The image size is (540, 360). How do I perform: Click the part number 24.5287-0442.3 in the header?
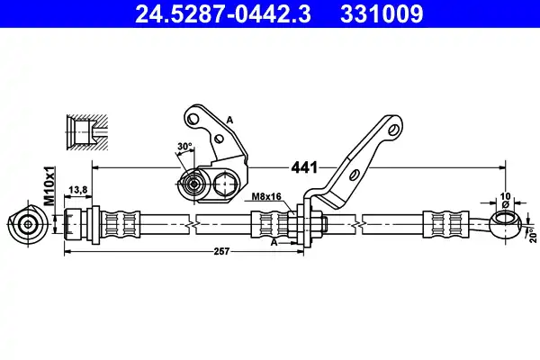point(223,13)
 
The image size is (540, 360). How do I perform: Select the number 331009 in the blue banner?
point(382,13)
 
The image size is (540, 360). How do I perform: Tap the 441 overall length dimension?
point(304,167)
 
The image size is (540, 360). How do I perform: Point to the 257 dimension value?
point(221,251)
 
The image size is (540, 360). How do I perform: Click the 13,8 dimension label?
point(78,190)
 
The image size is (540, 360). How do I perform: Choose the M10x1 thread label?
point(50,186)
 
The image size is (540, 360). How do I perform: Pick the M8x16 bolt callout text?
point(266,197)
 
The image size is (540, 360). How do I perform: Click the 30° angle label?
point(184,147)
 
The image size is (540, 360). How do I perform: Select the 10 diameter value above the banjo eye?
point(505,196)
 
